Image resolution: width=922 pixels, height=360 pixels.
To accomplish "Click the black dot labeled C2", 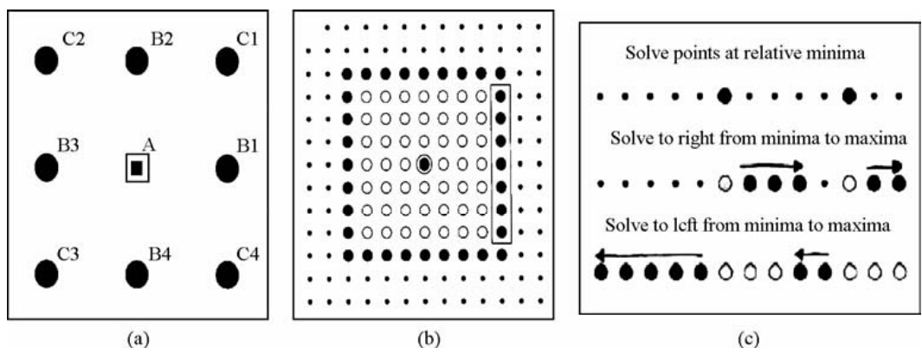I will click(x=47, y=61).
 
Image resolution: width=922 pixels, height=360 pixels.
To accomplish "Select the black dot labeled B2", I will click(x=136, y=61).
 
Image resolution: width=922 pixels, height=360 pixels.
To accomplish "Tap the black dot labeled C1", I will click(x=227, y=61).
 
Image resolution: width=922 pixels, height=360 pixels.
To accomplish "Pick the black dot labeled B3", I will click(x=47, y=167).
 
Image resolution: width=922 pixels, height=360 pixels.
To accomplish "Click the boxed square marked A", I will click(x=137, y=167).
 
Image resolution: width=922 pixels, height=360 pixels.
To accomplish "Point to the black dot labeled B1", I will click(x=227, y=168).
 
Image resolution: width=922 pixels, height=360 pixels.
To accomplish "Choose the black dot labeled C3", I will click(x=47, y=272).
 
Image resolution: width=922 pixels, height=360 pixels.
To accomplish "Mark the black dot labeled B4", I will click(x=136, y=273).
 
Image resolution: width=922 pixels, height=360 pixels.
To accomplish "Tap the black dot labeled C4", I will click(x=227, y=273).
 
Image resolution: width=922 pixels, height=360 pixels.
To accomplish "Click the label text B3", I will click(x=68, y=148).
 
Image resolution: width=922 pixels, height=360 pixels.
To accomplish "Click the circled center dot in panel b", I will click(x=423, y=164).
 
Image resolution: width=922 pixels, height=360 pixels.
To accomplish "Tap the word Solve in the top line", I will click(x=645, y=55).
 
